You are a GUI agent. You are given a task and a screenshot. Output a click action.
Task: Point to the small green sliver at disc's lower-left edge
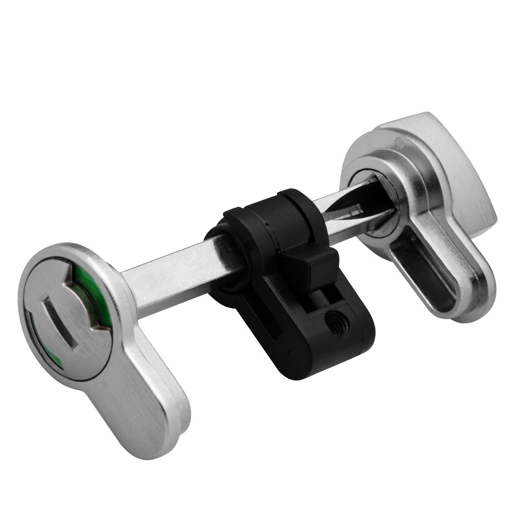pyautogui.click(x=57, y=364)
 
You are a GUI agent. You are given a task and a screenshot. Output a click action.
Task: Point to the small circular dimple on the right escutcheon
pyautogui.click(x=400, y=143)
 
